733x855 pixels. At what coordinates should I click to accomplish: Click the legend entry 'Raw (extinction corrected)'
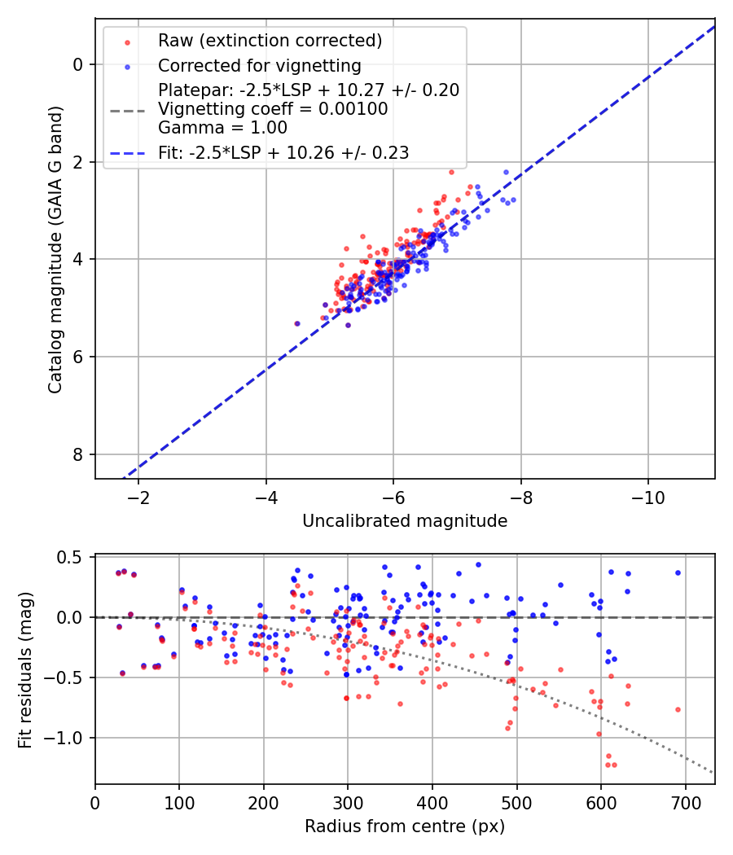click(x=270, y=41)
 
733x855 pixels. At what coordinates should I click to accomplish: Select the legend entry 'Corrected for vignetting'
click(x=259, y=65)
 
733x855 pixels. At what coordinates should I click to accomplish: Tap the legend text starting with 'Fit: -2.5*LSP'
click(x=283, y=152)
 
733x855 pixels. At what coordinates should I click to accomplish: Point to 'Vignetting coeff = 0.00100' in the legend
click(x=273, y=109)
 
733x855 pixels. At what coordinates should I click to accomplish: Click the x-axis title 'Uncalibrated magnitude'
click(x=405, y=521)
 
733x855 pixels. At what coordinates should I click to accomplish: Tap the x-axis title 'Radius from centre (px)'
click(x=405, y=826)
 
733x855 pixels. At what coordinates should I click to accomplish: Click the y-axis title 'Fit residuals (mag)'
click(x=25, y=669)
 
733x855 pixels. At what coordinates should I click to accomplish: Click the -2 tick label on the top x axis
click(x=138, y=496)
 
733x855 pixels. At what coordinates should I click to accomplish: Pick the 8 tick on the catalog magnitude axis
click(x=78, y=454)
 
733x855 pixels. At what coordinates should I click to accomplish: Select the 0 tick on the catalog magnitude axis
click(x=78, y=64)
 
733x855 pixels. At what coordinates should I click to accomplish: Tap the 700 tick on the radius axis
click(x=685, y=801)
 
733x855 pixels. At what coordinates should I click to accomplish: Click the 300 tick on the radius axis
click(x=348, y=801)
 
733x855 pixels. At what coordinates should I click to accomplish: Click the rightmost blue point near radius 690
click(x=678, y=572)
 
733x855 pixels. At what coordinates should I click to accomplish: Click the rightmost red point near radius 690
click(x=678, y=709)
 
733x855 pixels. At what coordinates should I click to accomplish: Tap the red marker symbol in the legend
click(x=126, y=41)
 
